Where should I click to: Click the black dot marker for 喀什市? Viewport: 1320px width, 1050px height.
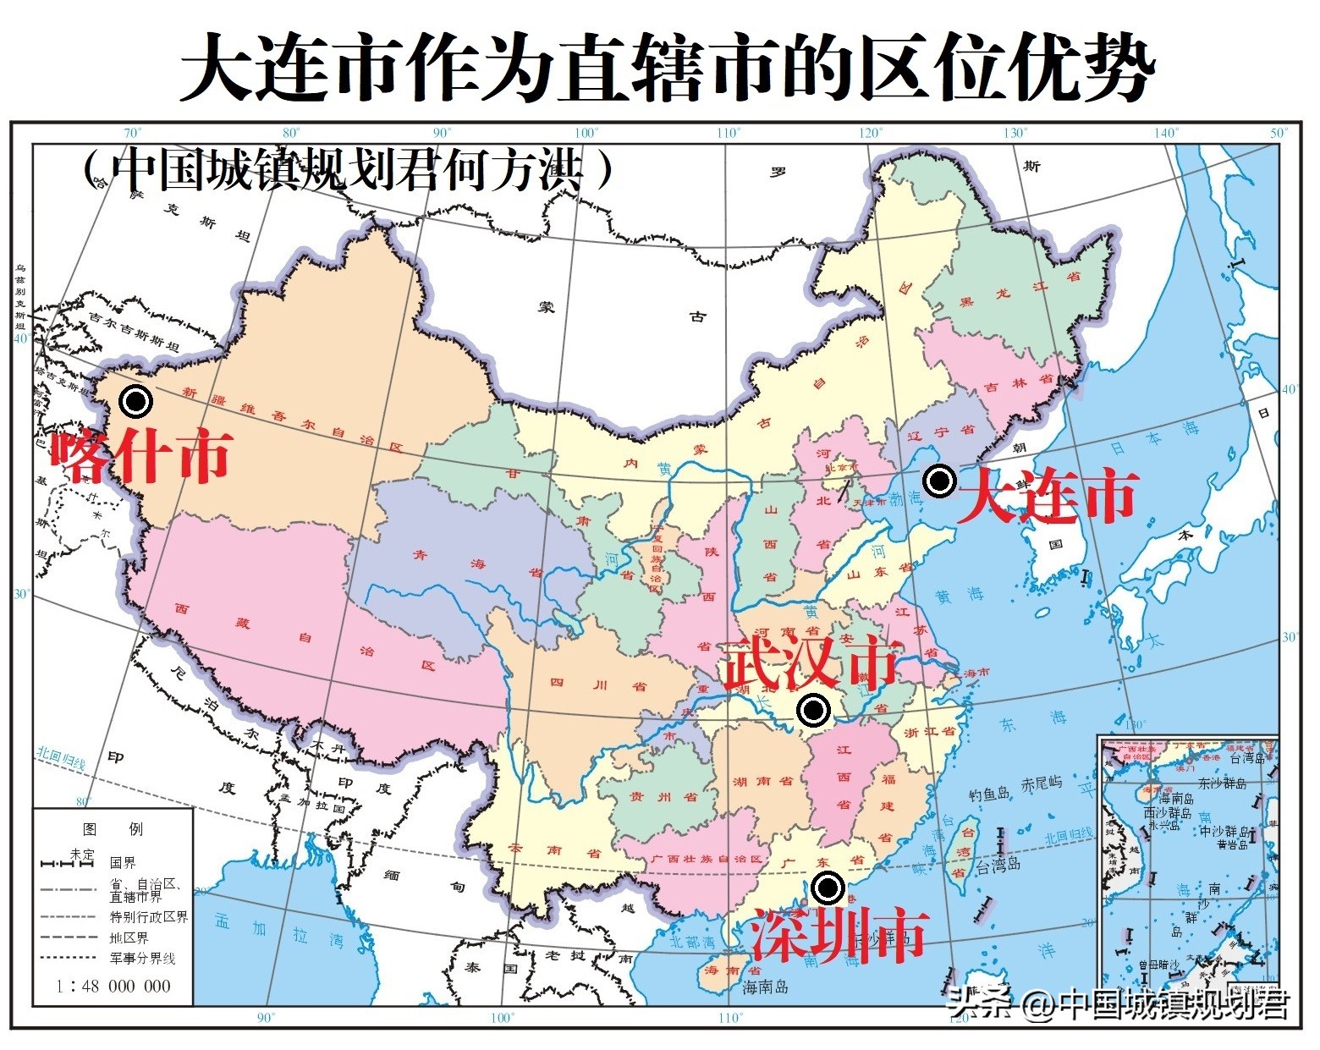(x=135, y=401)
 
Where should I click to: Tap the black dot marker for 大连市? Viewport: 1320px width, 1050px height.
(x=938, y=481)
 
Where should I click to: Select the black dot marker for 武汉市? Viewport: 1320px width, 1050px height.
(x=814, y=711)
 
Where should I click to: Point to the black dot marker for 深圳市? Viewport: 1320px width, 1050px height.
(x=828, y=888)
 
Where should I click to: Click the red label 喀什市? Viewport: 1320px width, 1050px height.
(x=140, y=456)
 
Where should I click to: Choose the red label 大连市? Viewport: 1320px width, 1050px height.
(x=1048, y=496)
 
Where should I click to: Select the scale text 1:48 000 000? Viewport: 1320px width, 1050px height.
(x=113, y=986)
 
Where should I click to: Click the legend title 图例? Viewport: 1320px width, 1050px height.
(x=113, y=828)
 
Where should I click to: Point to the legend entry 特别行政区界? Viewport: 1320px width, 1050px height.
(x=149, y=916)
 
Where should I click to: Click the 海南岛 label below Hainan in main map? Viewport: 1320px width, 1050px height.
(x=766, y=987)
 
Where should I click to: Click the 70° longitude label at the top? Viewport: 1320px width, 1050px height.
(x=132, y=133)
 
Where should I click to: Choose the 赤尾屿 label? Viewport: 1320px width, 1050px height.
(x=1042, y=783)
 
